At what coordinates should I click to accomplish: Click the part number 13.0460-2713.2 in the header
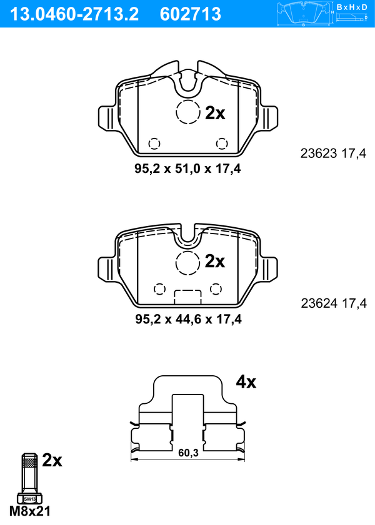click(74, 14)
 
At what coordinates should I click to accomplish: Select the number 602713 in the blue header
click(191, 14)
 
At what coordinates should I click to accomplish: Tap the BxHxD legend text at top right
click(352, 7)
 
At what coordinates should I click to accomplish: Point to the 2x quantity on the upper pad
click(215, 113)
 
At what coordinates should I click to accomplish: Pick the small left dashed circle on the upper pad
click(154, 144)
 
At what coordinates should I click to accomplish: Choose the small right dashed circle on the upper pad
click(222, 144)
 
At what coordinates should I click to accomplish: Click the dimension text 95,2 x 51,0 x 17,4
click(187, 169)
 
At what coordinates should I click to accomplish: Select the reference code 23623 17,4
click(334, 154)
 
